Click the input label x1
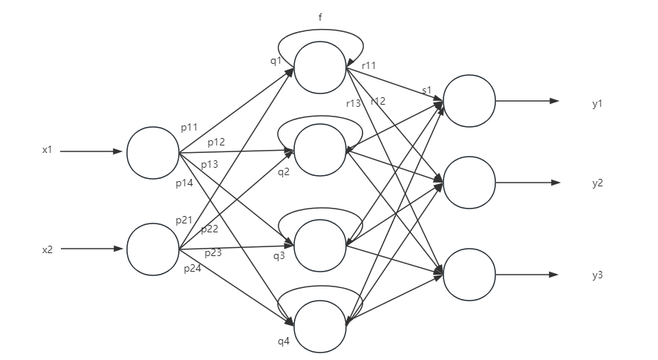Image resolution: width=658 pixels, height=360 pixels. point(48,151)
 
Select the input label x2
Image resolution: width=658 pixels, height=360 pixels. point(48,249)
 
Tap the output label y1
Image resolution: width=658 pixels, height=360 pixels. point(597,104)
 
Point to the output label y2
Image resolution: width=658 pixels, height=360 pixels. point(597,183)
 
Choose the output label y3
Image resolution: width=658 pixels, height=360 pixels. point(597,275)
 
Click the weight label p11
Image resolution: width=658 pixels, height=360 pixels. point(189,128)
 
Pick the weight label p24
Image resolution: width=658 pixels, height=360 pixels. point(192,269)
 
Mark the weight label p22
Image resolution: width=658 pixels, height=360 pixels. point(209,229)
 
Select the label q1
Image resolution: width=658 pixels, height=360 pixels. point(276,61)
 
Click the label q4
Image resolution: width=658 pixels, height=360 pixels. point(283,342)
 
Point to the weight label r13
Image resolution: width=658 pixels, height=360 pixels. point(354,103)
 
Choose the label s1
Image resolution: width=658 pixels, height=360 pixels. point(426,91)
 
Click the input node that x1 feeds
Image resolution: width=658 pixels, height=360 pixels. point(153,152)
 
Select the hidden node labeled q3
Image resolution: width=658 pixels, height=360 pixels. point(320,245)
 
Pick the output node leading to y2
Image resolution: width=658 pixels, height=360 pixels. point(469,183)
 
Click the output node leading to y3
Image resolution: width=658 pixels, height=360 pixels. point(469,275)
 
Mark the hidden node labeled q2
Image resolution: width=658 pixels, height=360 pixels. point(320,150)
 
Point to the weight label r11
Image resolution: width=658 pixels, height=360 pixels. point(368,66)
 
